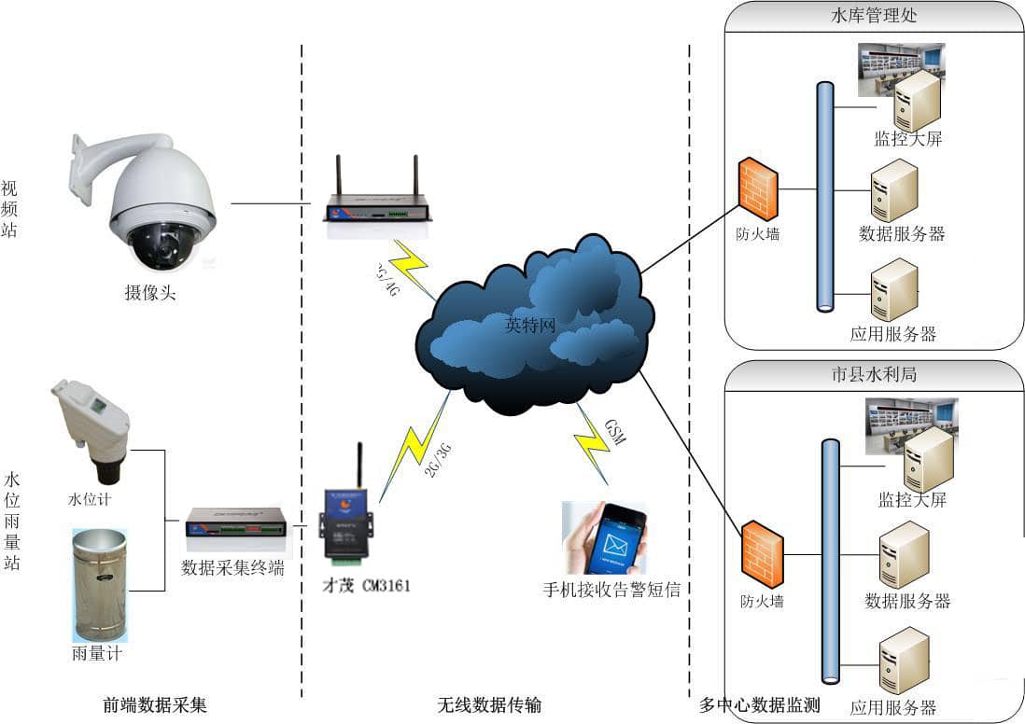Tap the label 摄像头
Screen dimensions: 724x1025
pyautogui.click(x=150, y=293)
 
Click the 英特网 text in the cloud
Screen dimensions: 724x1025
pyautogui.click(x=530, y=326)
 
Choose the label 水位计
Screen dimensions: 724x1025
pyautogui.click(x=90, y=499)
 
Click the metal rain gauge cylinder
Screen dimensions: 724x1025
pyautogui.click(x=99, y=584)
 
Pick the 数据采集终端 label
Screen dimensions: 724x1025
pyautogui.click(x=232, y=567)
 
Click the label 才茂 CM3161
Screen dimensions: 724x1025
pyautogui.click(x=366, y=586)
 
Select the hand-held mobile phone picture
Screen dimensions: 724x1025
pyautogui.click(x=604, y=538)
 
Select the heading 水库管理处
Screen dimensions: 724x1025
pyautogui.click(x=874, y=16)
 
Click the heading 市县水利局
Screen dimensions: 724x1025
pyautogui.click(x=874, y=374)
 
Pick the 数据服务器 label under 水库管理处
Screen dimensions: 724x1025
pyautogui.click(x=902, y=233)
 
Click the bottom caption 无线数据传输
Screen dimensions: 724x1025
pyautogui.click(x=489, y=704)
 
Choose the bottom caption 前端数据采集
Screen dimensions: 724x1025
pyautogui.click(x=155, y=704)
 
